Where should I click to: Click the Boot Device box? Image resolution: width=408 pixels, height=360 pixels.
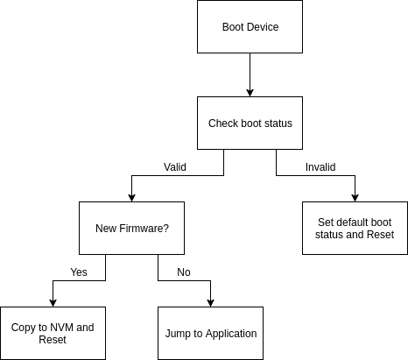point(250,26)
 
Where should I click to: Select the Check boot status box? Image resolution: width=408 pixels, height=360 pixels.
point(250,123)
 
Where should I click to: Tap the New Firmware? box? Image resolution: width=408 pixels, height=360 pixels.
point(131,228)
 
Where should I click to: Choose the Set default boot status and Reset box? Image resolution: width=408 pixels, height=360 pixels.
point(355,228)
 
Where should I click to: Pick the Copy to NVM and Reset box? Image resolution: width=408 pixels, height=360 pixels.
point(53,333)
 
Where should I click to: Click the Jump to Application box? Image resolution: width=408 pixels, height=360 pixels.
point(210,333)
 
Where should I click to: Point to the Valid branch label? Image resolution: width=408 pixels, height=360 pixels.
point(175,167)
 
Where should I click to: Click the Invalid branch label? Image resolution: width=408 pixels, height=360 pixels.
point(320,167)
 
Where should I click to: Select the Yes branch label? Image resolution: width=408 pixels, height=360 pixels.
point(79,272)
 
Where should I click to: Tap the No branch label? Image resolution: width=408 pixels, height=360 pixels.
point(184,272)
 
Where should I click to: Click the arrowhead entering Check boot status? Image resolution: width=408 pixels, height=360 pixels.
point(250,93)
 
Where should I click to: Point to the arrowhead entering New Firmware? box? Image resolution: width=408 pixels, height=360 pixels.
point(131,198)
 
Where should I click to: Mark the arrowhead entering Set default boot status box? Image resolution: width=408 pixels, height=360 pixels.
point(355,198)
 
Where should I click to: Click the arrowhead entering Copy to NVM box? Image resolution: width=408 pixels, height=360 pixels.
point(53,303)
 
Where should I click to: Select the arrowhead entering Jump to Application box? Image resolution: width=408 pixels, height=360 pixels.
point(210,303)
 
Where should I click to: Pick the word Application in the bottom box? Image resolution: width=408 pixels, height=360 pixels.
point(231,334)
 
